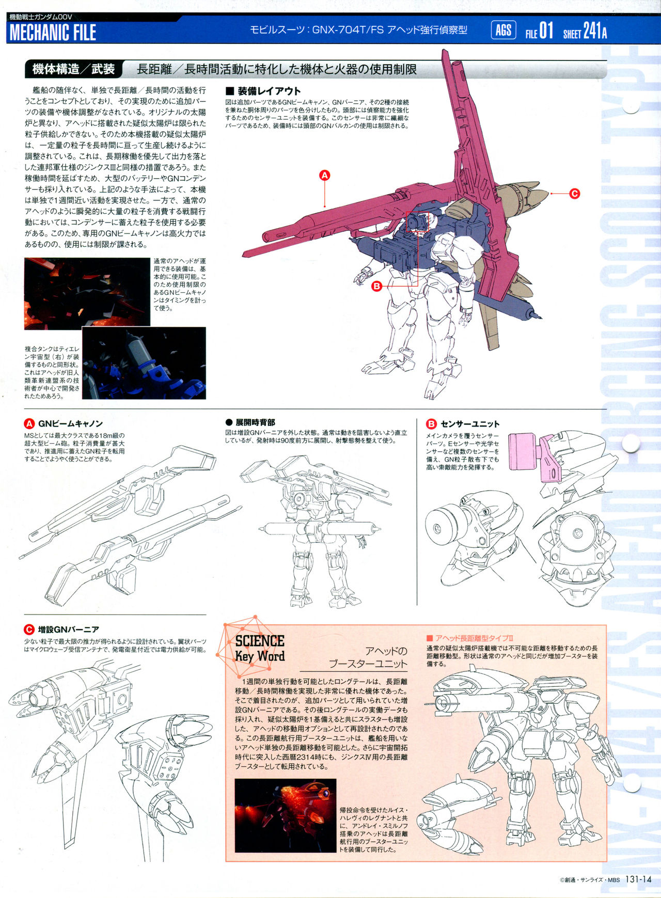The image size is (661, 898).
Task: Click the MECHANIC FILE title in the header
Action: [x=53, y=33]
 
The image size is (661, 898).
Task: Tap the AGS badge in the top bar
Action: [x=503, y=30]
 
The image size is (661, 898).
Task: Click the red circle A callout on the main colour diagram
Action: [x=324, y=176]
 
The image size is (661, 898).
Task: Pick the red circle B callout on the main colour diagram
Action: [x=376, y=286]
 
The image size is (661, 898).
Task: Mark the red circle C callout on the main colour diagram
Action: [x=574, y=194]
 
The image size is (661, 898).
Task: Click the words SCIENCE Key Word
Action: [x=260, y=649]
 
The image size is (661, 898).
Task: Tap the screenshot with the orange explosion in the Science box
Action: [x=286, y=815]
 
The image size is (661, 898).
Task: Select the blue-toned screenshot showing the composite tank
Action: [x=144, y=363]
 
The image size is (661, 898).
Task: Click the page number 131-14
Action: [x=639, y=880]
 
